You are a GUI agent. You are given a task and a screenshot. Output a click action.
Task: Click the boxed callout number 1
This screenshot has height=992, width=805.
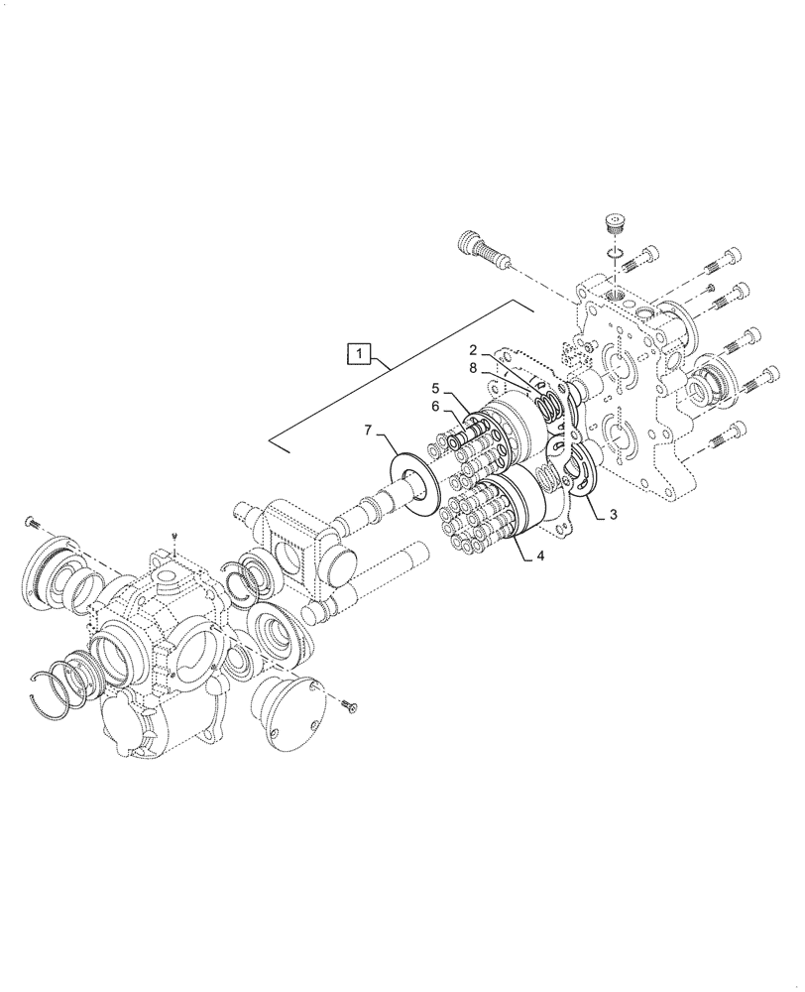click(x=359, y=351)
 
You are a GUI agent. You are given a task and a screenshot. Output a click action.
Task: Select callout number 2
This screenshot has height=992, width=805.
click(x=475, y=350)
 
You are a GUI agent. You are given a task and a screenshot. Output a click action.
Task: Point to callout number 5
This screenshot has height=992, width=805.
click(x=434, y=387)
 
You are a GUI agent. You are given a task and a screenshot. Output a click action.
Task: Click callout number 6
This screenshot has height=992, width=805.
click(x=434, y=406)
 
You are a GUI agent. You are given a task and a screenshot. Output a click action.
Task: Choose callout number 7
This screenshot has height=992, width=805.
click(x=370, y=431)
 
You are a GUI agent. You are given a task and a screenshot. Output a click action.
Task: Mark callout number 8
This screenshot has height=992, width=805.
click(x=475, y=367)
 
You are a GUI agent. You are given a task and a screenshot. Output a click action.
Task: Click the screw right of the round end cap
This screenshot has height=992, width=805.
click(x=347, y=705)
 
